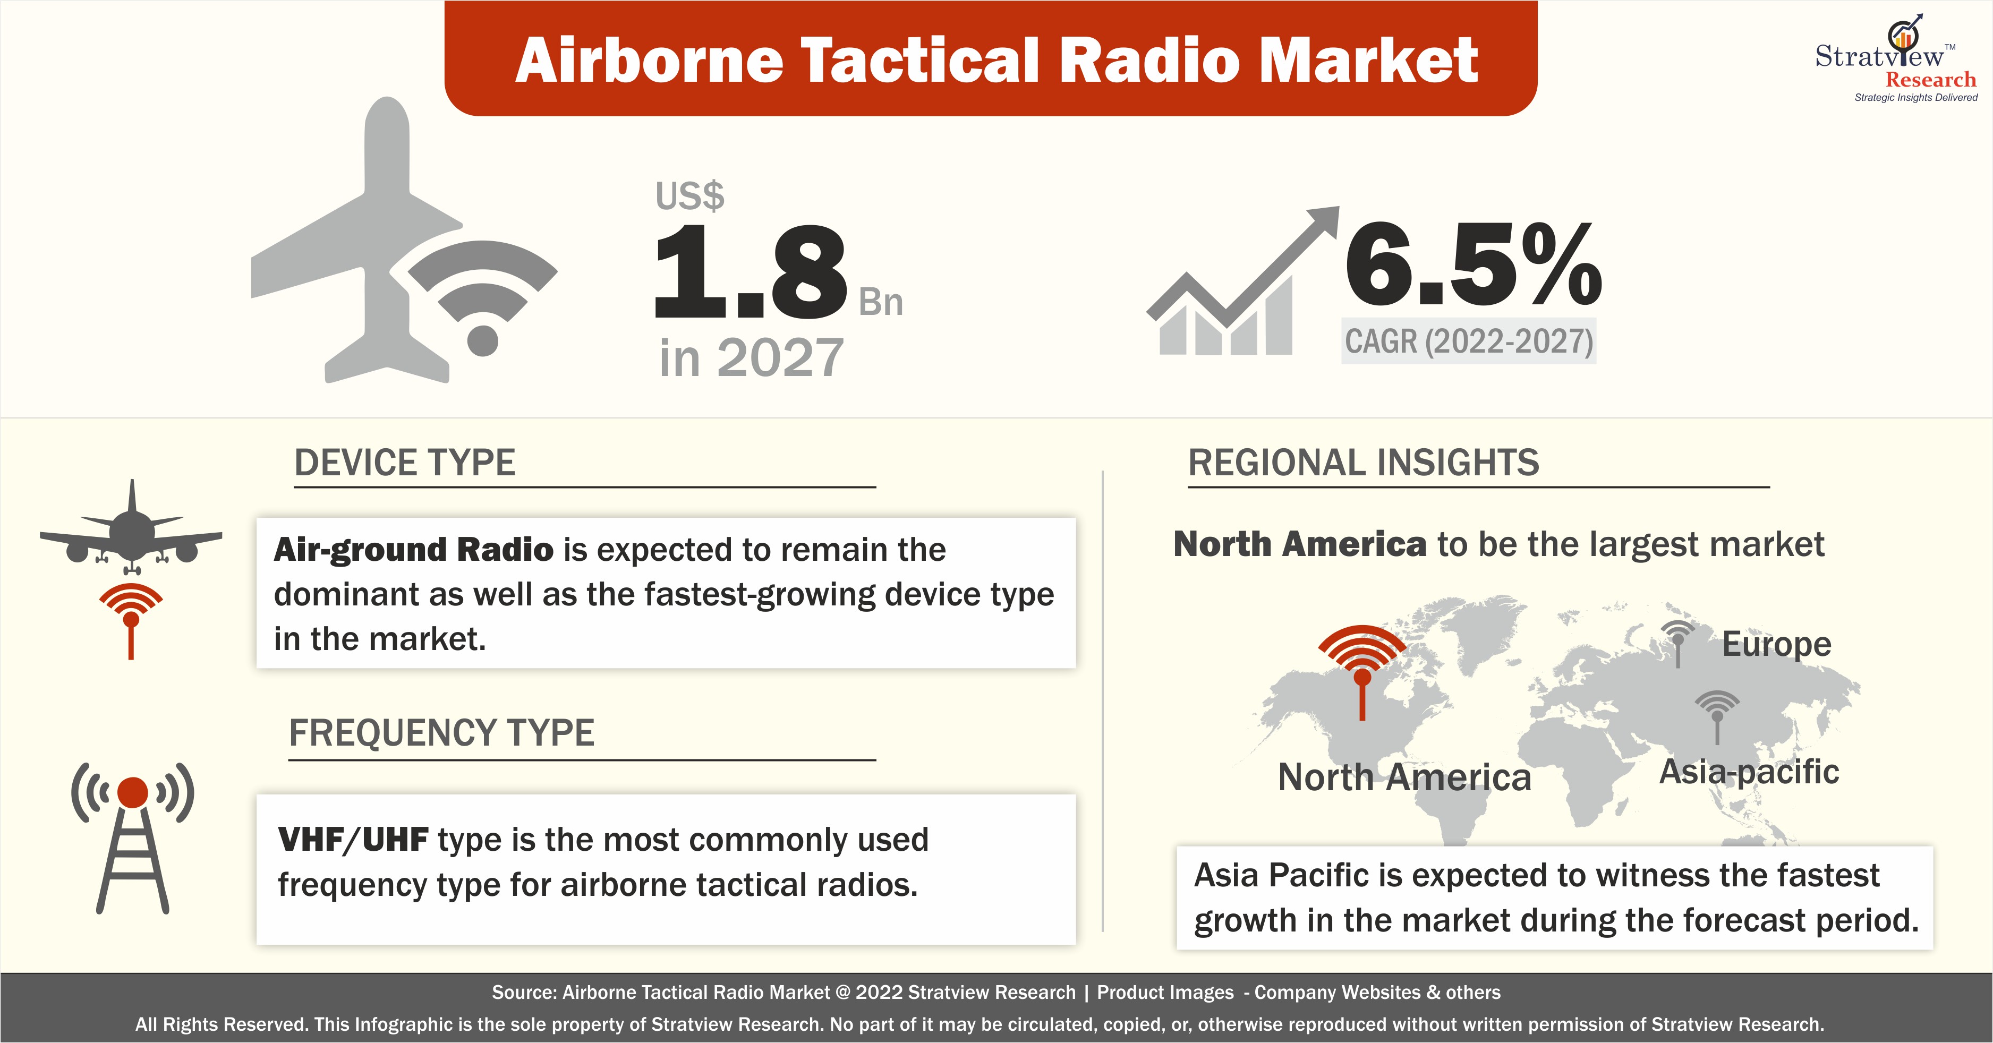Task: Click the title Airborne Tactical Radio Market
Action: pos(996,61)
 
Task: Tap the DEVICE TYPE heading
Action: pos(405,463)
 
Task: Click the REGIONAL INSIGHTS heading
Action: pos(1363,463)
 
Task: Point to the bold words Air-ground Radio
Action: pos(414,549)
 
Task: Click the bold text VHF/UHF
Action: pos(353,840)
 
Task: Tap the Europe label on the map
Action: pos(1776,644)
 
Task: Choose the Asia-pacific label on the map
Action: pos(1749,772)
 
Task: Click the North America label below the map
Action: pos(1404,777)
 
